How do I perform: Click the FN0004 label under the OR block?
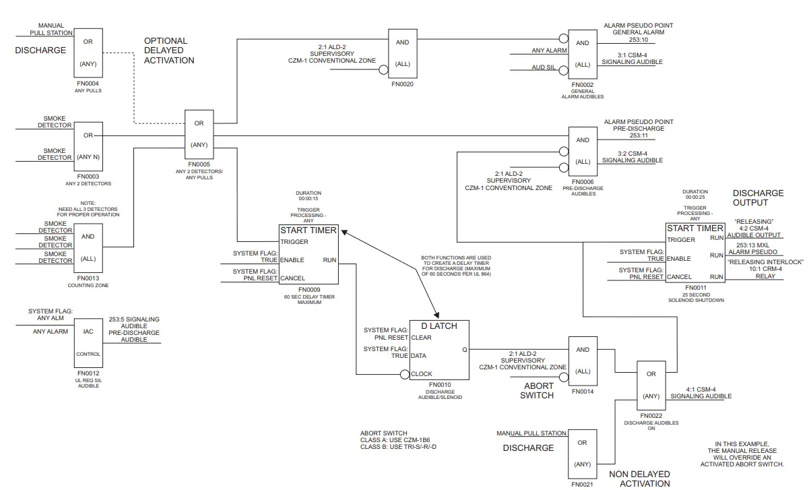point(89,84)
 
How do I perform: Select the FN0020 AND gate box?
point(402,54)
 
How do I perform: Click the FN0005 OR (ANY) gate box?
point(199,134)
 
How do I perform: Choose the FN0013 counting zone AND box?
point(88,247)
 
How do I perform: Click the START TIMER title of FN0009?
point(309,231)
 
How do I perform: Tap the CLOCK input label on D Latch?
point(421,374)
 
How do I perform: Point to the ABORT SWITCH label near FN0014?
point(537,391)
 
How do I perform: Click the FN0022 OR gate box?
point(651,385)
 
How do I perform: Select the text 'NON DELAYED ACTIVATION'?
point(639,479)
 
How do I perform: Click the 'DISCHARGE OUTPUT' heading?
point(758,197)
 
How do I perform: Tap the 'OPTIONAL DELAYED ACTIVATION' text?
point(169,51)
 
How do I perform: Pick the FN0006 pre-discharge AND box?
point(583,151)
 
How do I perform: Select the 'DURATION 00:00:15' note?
point(309,196)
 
